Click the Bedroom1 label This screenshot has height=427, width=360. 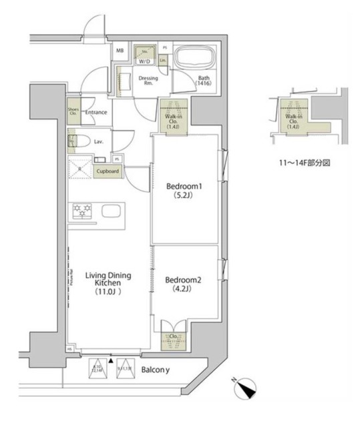pos(184,191)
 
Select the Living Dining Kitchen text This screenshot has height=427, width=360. pos(107,283)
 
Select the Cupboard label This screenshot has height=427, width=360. pos(107,171)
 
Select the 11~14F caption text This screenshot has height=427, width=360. pos(305,162)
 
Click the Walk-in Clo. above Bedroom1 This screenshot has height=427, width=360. pos(172,117)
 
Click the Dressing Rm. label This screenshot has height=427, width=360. pos(148,81)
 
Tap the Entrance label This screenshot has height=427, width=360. pos(96,112)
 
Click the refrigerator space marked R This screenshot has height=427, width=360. pos(81,169)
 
